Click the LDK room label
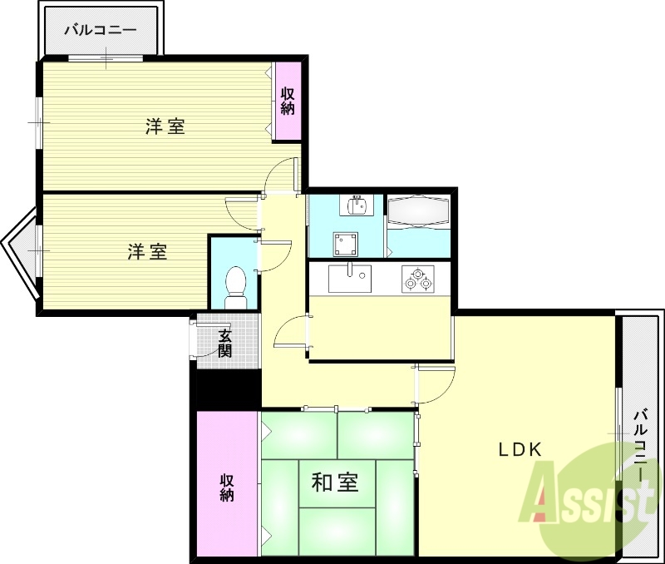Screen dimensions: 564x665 (520, 449)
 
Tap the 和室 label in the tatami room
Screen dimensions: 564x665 (336, 482)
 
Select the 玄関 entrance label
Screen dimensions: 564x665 (225, 343)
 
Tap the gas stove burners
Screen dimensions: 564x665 (417, 278)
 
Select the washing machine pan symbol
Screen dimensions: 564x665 (346, 244)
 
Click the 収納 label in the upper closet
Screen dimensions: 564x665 (288, 101)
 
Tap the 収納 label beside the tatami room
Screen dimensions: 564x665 (227, 487)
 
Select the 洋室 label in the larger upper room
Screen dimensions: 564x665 (165, 126)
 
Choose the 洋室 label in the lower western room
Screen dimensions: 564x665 (148, 251)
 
